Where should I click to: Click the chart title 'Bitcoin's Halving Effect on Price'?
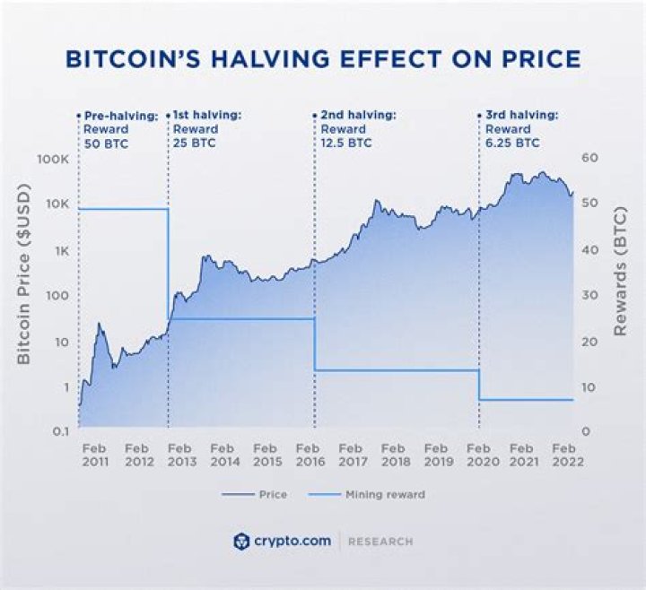click(x=323, y=58)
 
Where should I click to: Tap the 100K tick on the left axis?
click(x=52, y=159)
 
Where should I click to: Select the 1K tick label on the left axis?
click(x=59, y=250)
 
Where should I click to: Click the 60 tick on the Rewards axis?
click(x=589, y=159)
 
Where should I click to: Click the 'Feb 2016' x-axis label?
click(x=310, y=455)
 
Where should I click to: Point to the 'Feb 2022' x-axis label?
click(x=567, y=455)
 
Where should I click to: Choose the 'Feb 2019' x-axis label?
click(x=438, y=455)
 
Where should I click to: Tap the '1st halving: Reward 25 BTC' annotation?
click(x=205, y=128)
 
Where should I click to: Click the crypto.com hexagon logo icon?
click(x=240, y=542)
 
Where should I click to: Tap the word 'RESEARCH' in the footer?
click(x=380, y=542)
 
